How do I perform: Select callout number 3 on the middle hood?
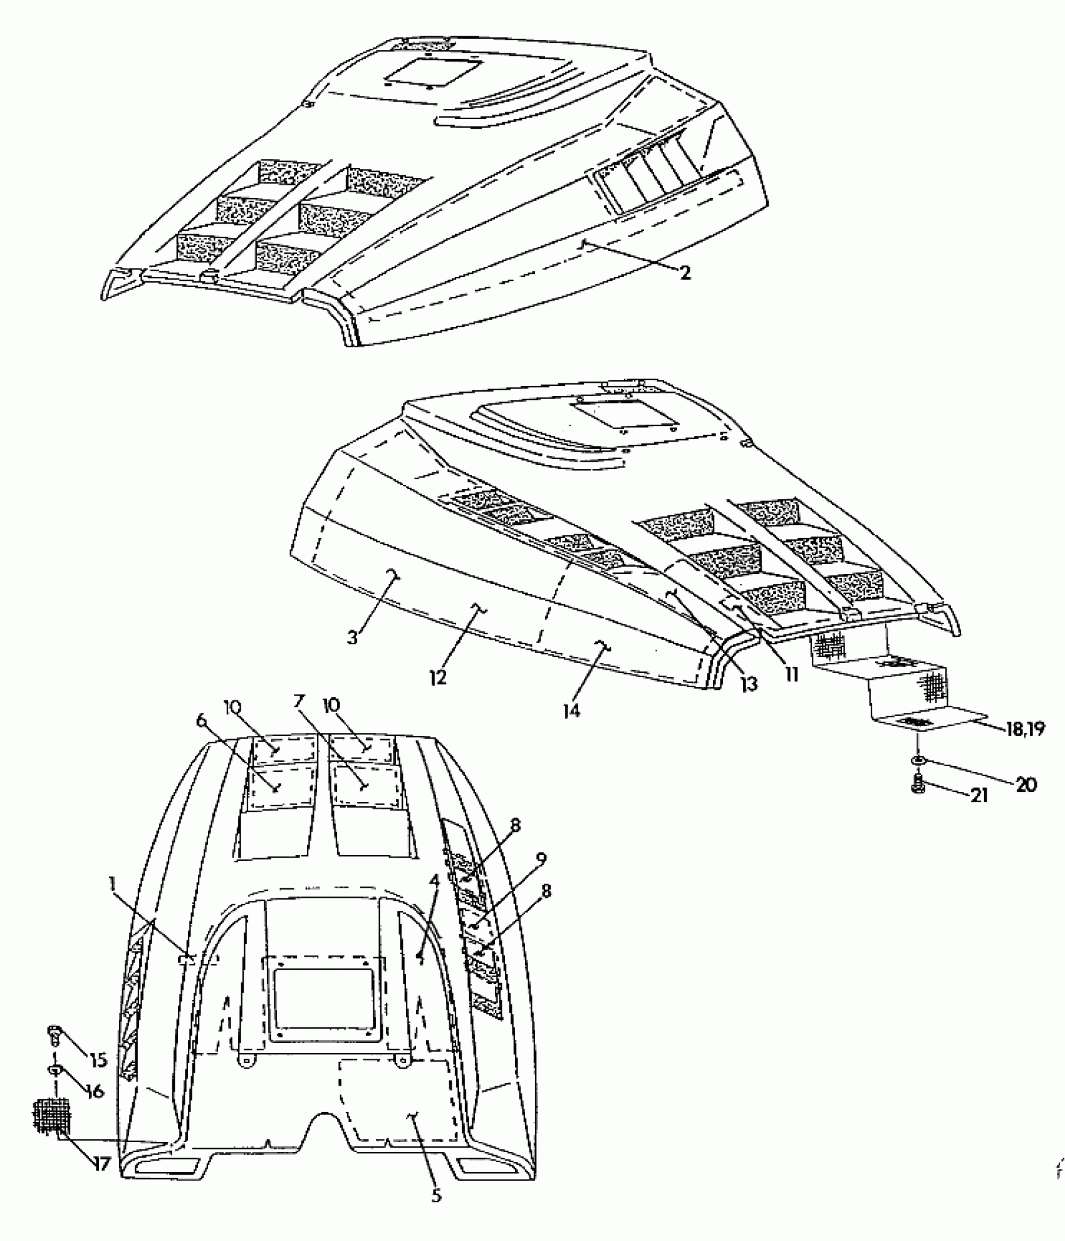[x=353, y=637]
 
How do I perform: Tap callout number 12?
[x=438, y=677]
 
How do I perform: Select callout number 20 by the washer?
[x=1025, y=784]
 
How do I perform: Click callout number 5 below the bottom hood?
[x=436, y=1213]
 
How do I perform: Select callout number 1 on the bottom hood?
[x=112, y=883]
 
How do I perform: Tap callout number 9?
[x=541, y=858]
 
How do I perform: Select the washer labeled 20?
[x=918, y=759]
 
